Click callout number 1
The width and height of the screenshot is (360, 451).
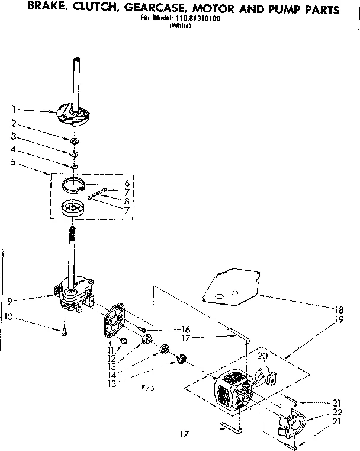click(13, 108)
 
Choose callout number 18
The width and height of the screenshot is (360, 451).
click(339, 308)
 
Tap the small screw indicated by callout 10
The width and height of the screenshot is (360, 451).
click(65, 332)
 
